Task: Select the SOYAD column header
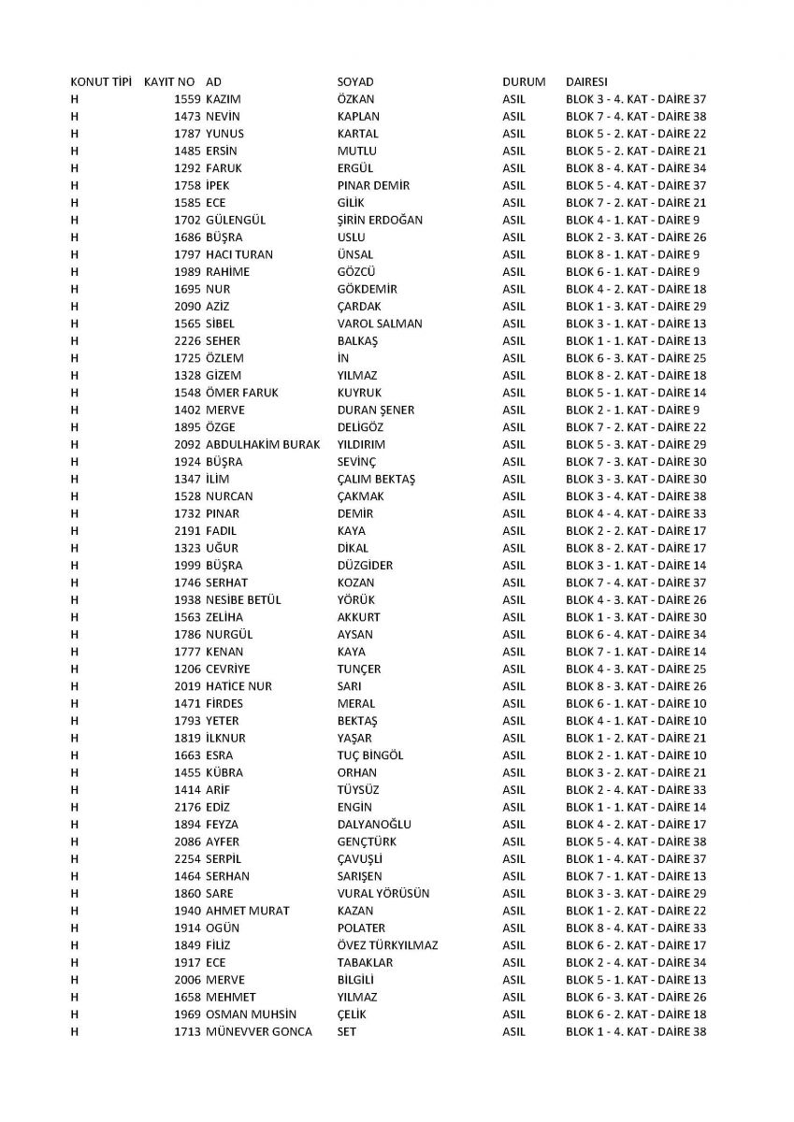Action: (354, 81)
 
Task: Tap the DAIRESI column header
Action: (587, 81)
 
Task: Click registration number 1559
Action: (187, 99)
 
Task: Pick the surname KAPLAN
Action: (358, 116)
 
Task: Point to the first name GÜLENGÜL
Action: (236, 220)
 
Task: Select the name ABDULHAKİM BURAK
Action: (262, 444)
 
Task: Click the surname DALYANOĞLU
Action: (374, 825)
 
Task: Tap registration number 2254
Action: (187, 859)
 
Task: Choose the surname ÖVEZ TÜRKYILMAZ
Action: (387, 945)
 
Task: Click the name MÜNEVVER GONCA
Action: (259, 1032)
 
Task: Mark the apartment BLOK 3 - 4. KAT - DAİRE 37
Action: (636, 99)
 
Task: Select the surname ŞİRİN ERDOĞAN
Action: (380, 220)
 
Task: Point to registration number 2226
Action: (187, 340)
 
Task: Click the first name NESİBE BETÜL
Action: (243, 600)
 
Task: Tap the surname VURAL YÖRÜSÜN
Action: (383, 894)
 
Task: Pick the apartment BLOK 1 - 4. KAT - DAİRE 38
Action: (636, 1032)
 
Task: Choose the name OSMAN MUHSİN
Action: (249, 1014)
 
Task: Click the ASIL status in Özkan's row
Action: (513, 99)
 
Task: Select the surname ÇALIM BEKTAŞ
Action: (376, 479)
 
